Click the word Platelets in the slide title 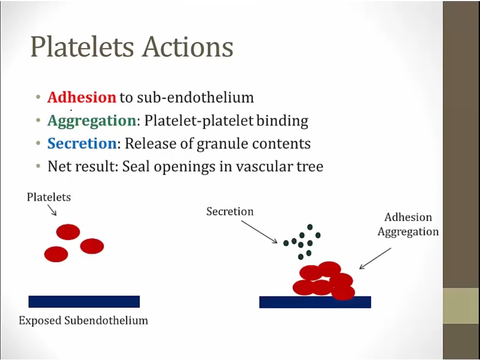(x=82, y=47)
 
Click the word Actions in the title (x=188, y=47)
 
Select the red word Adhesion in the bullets (x=82, y=98)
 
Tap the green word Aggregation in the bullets (x=92, y=121)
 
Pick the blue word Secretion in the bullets (x=82, y=143)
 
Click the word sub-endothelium (x=195, y=98)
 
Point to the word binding (x=282, y=121)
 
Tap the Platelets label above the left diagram (x=49, y=197)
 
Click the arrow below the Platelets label (x=52, y=210)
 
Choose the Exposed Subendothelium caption (x=83, y=320)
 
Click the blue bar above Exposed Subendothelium (x=84, y=301)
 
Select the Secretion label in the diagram (x=230, y=212)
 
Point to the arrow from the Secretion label (x=259, y=232)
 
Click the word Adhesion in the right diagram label (x=408, y=217)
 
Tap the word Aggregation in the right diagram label (x=408, y=232)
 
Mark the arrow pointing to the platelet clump (x=375, y=258)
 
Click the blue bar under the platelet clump (x=315, y=302)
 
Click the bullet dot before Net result (x=38, y=166)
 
